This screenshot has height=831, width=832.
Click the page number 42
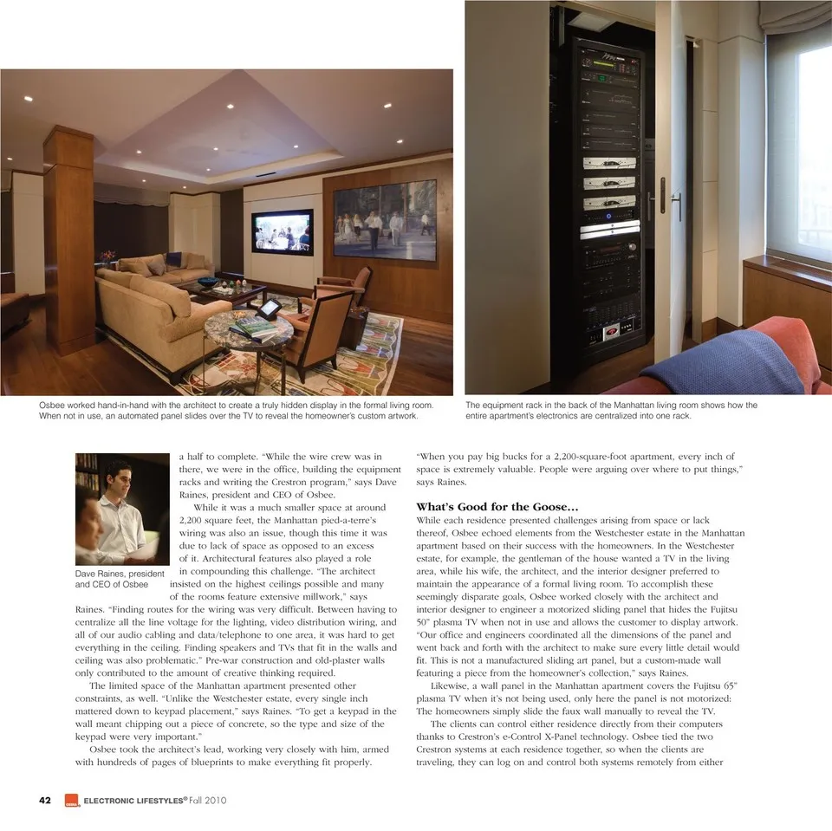pyautogui.click(x=44, y=800)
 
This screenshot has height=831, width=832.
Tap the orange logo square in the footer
pyautogui.click(x=71, y=801)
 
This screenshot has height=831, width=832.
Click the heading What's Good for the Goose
pyautogui.click(x=497, y=506)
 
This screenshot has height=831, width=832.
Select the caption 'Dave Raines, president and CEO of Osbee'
pyautogui.click(x=120, y=579)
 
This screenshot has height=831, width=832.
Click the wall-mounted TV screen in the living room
pyautogui.click(x=283, y=231)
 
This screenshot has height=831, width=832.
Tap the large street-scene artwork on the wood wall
pyautogui.click(x=384, y=220)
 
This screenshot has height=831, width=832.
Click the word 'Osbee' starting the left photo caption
pyautogui.click(x=53, y=406)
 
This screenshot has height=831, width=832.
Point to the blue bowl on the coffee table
pyautogui.click(x=209, y=282)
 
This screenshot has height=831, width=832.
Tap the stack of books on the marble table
pyautogui.click(x=254, y=328)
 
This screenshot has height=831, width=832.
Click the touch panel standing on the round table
pyautogui.click(x=270, y=307)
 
